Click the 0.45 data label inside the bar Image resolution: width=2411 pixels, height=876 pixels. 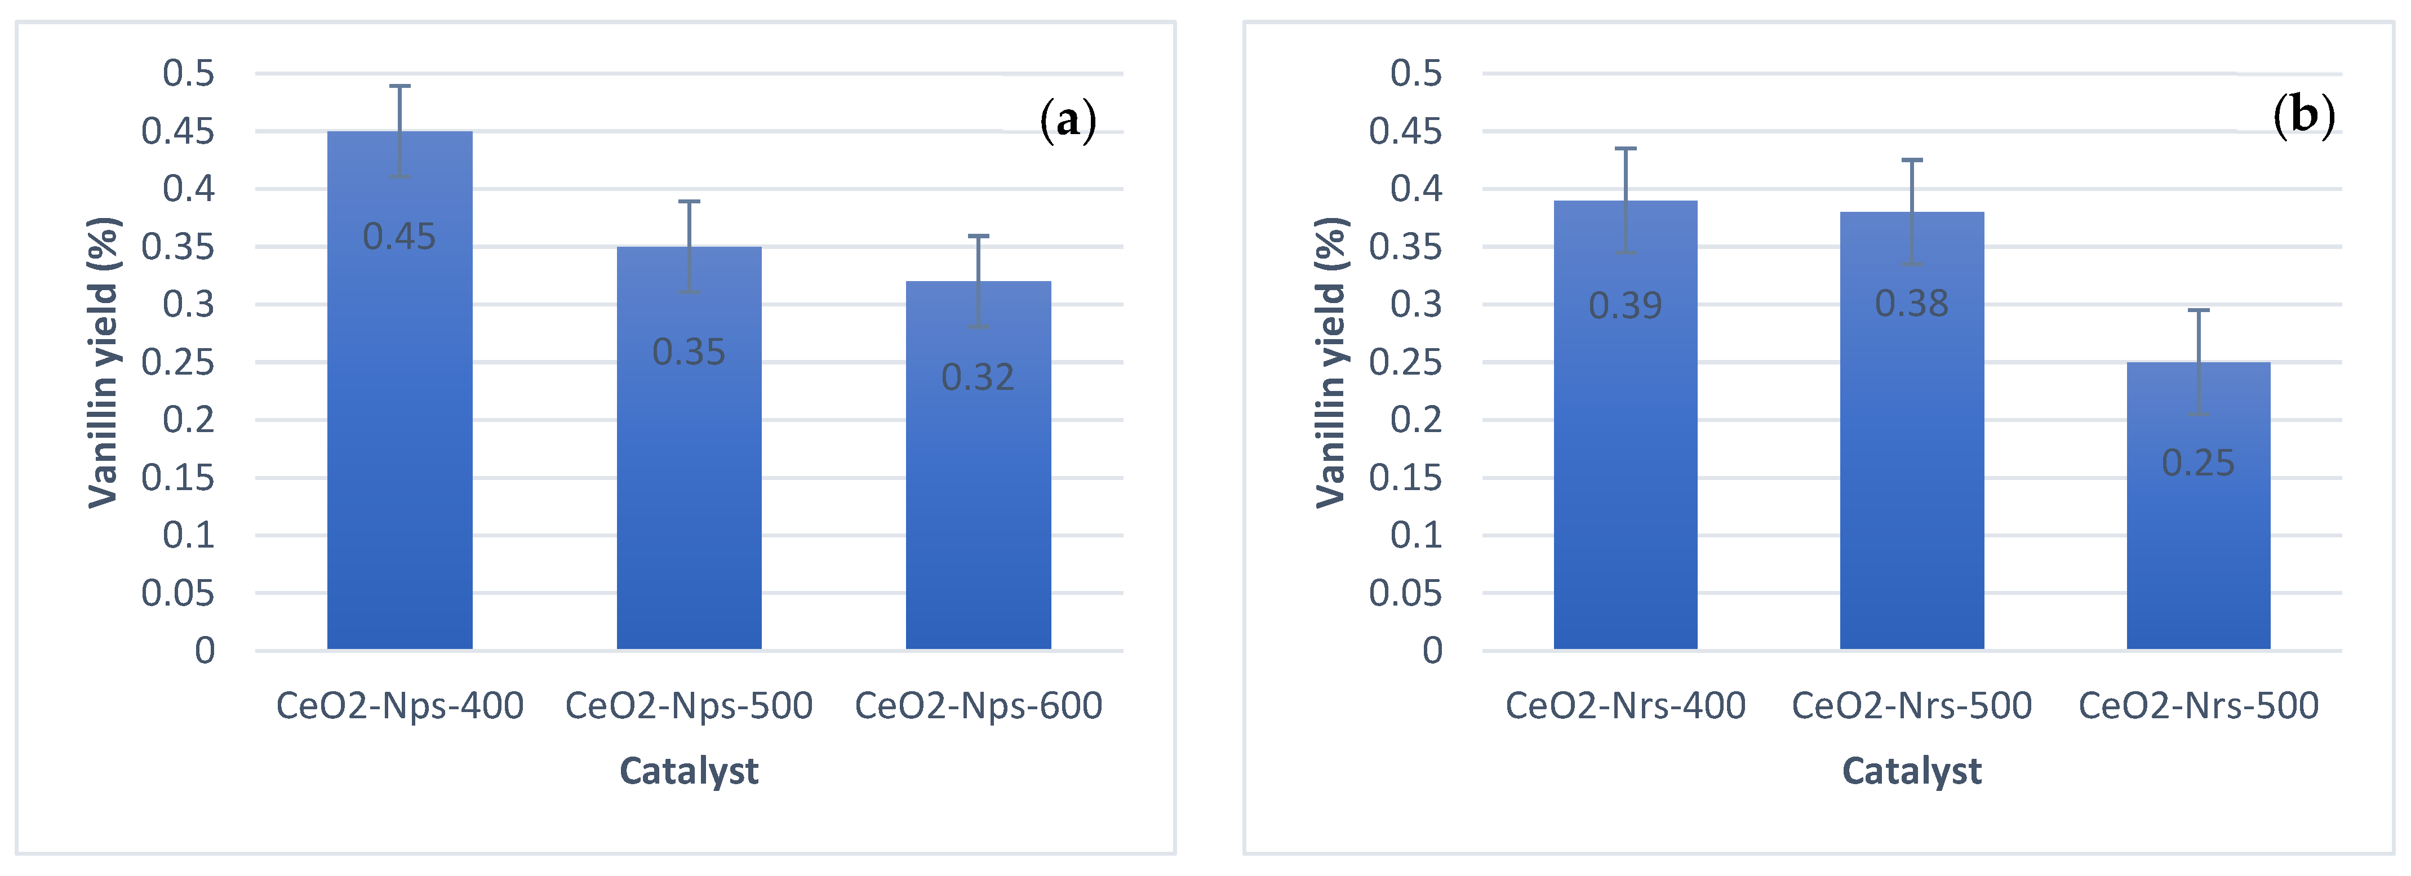[399, 237]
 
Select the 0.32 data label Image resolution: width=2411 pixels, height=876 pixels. [978, 377]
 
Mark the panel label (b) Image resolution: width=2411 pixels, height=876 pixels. [2303, 115]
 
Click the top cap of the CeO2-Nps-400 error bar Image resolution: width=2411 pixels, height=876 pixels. [399, 86]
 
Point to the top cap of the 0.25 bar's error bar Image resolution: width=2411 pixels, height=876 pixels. [2197, 310]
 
